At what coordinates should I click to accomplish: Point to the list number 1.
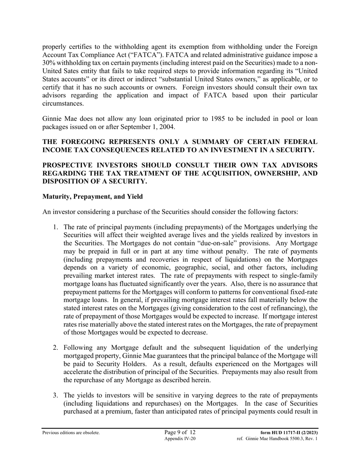(x=55, y=227)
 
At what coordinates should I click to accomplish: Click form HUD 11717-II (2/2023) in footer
(x=289, y=433)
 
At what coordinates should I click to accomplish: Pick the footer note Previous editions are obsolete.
(x=71, y=433)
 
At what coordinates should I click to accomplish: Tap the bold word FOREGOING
(x=86, y=142)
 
